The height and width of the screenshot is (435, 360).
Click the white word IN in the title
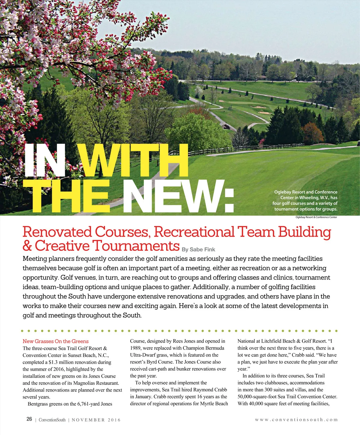coord(45,160)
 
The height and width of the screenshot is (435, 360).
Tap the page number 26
coord(29,419)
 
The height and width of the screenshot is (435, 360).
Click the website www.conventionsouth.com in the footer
coord(296,420)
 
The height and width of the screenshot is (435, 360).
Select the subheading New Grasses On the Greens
coord(55,341)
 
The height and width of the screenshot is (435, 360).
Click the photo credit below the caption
coord(316,217)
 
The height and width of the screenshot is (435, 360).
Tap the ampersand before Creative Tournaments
coord(27,246)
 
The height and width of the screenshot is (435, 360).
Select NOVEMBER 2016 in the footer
coord(96,420)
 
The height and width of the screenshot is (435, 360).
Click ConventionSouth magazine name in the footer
coord(52,420)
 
